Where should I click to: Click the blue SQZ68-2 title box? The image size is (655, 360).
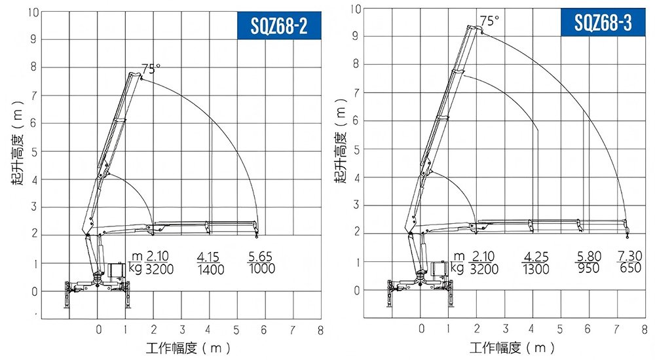pyautogui.click(x=279, y=26)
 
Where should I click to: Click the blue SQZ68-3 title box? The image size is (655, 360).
pyautogui.click(x=603, y=22)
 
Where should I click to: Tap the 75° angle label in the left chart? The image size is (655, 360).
pyautogui.click(x=151, y=69)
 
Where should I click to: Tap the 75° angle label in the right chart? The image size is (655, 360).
pyautogui.click(x=489, y=21)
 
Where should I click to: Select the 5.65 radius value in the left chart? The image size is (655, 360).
pyautogui.click(x=260, y=257)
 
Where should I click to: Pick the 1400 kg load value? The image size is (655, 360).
pyautogui.click(x=211, y=270)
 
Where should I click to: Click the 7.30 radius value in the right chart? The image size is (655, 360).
pyautogui.click(x=630, y=255)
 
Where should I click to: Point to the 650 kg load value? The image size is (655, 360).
pyautogui.click(x=630, y=268)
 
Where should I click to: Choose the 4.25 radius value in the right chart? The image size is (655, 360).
pyautogui.click(x=536, y=257)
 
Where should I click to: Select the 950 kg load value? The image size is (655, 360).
pyautogui.click(x=589, y=268)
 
